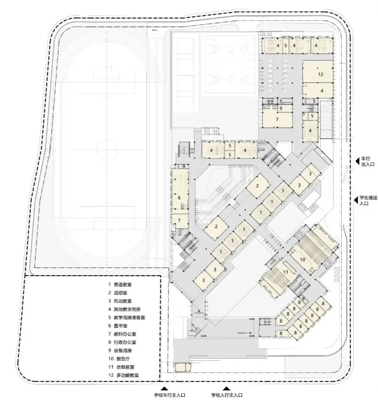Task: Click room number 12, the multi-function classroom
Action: [320, 74]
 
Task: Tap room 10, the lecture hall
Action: [302, 259]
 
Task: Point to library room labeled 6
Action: [179, 197]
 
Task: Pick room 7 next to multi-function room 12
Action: [277, 120]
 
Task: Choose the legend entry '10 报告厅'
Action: [123, 359]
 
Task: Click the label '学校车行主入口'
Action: [169, 395]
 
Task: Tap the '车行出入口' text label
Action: [366, 162]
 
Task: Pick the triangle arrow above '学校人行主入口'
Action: [226, 388]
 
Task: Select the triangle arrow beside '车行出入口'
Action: [357, 161]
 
